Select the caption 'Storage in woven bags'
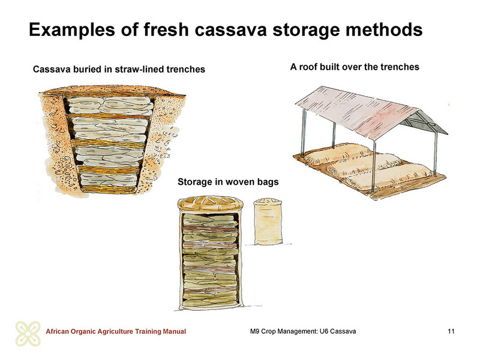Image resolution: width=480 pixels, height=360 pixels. pyautogui.click(x=228, y=182)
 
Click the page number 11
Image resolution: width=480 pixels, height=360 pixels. pyautogui.click(x=451, y=331)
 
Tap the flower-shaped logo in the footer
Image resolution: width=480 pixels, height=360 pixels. pyautogui.click(x=28, y=334)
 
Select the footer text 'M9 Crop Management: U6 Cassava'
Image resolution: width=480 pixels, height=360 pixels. pyautogui.click(x=303, y=331)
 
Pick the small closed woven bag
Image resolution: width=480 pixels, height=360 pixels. pyautogui.click(x=268, y=221)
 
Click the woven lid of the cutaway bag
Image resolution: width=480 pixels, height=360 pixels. pyautogui.click(x=211, y=203)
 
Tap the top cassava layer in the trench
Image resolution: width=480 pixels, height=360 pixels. pyautogui.click(x=110, y=106)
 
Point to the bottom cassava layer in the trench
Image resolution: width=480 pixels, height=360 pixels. pyautogui.click(x=109, y=179)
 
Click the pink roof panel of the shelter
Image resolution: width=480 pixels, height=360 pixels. pyautogui.click(x=356, y=111)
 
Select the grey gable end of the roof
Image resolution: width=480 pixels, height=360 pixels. pyautogui.click(x=424, y=122)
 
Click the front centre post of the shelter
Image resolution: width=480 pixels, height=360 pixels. pyautogui.click(x=374, y=166)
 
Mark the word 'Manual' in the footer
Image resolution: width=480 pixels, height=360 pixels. pyautogui.click(x=174, y=332)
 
